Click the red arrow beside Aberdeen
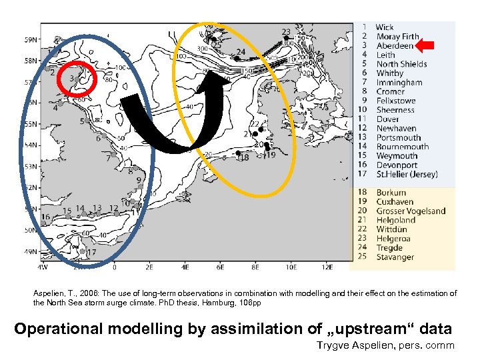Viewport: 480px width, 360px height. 427,46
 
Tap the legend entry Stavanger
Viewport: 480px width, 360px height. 395,257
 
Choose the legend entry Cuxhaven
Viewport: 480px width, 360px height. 395,202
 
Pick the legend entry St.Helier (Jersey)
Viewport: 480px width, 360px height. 407,175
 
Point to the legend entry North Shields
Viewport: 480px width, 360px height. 401,64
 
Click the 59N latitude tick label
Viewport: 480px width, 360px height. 31,40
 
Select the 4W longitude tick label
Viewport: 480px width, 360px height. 42,267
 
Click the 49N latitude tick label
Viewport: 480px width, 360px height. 31,252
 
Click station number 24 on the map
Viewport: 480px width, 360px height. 240,52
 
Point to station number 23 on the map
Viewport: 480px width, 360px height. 286,32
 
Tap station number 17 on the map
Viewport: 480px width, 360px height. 91,253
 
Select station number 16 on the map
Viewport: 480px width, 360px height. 45,217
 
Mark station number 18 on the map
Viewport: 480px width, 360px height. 243,158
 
